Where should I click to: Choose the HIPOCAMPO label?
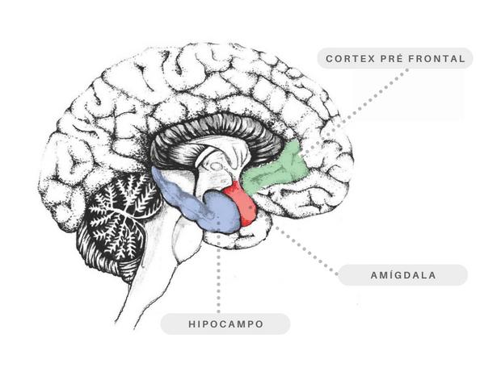click(x=225, y=324)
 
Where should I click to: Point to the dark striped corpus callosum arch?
click(x=210, y=129)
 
